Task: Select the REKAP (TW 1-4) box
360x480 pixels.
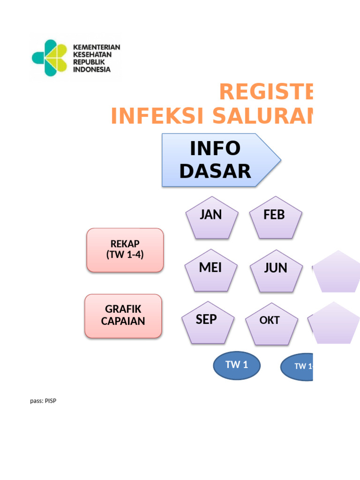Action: point(125,250)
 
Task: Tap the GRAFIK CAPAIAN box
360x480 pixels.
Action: point(123,315)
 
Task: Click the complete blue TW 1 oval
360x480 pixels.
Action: point(237,365)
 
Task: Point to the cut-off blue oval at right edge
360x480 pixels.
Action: point(297,367)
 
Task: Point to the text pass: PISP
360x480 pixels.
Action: point(43,401)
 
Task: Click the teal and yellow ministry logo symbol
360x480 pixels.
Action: point(50,58)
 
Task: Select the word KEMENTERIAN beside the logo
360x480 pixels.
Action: point(97,47)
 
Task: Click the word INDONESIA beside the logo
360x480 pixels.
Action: point(92,69)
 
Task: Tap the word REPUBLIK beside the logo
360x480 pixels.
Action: point(89,62)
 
